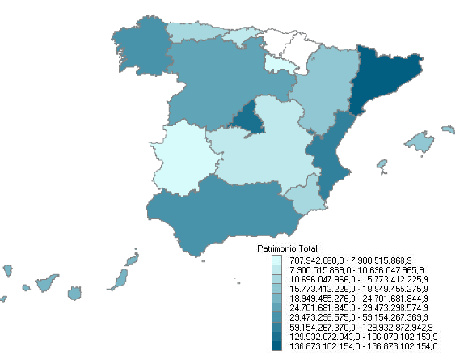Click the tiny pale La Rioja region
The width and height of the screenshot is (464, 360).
278,62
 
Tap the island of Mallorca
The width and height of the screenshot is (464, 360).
420,142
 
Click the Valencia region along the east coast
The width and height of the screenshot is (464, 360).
331,158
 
